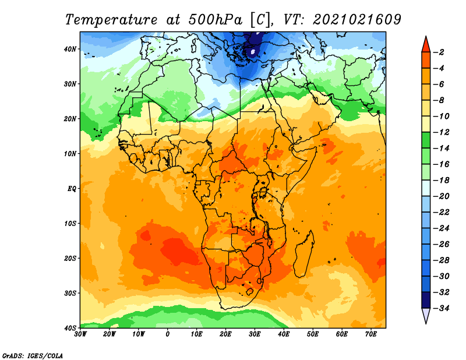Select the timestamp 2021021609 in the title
[357, 19]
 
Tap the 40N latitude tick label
[70, 49]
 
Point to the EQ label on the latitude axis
[72, 188]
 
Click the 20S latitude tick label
[70, 258]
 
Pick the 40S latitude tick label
[70, 327]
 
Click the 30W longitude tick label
[80, 334]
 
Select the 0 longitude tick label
[168, 334]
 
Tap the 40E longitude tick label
[284, 334]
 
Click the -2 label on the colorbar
[441, 52]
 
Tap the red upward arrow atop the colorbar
[426, 44]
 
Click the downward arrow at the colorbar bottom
[426, 315]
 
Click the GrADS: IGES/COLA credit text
[33, 355]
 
